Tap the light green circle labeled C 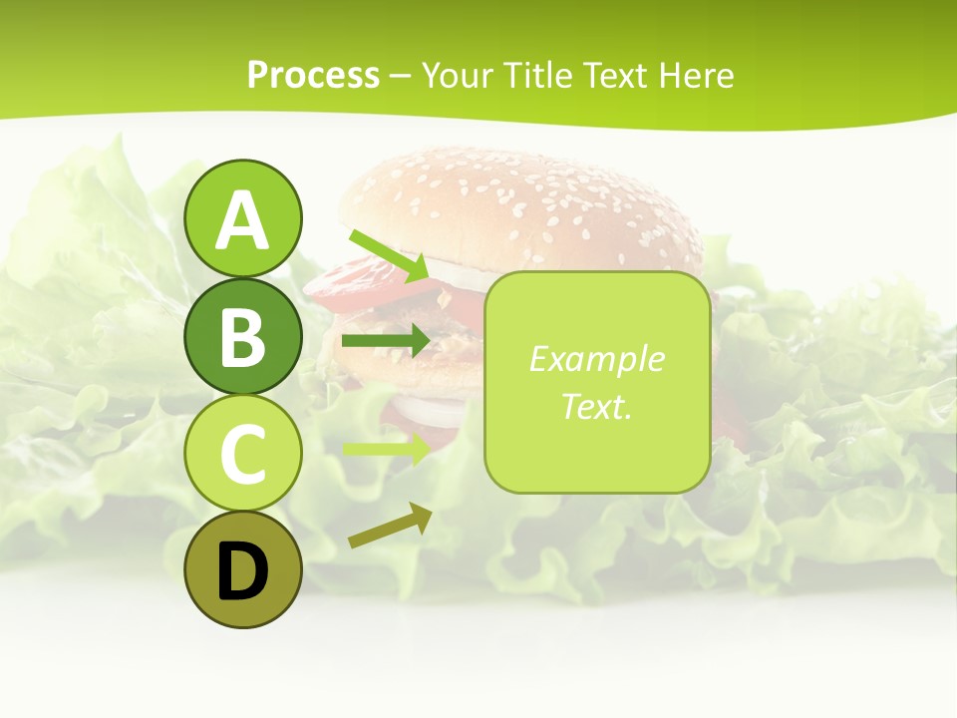243,454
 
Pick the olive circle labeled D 243,570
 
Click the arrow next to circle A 389,255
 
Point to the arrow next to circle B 386,341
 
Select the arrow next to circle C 386,447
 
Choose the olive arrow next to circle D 390,527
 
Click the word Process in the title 313,75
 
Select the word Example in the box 596,359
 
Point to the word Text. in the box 596,406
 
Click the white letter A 243,221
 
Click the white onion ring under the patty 429,409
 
